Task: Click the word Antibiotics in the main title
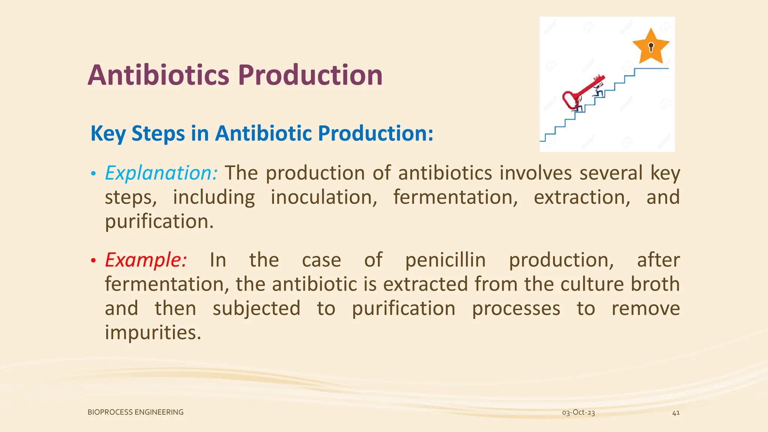click(x=158, y=75)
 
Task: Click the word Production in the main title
click(x=310, y=75)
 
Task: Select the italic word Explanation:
click(x=161, y=173)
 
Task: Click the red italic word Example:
click(x=145, y=260)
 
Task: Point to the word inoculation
click(x=324, y=197)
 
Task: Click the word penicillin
click(x=445, y=260)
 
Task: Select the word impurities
click(x=153, y=333)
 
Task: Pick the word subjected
click(x=256, y=308)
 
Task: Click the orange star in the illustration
click(x=651, y=47)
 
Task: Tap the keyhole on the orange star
click(x=651, y=47)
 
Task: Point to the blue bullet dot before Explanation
click(x=93, y=174)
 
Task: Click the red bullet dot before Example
click(x=93, y=260)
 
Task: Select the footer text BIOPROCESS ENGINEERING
click(x=135, y=412)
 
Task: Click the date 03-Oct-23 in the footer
click(x=578, y=412)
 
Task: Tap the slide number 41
click(x=676, y=413)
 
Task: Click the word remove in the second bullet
click(x=645, y=308)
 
